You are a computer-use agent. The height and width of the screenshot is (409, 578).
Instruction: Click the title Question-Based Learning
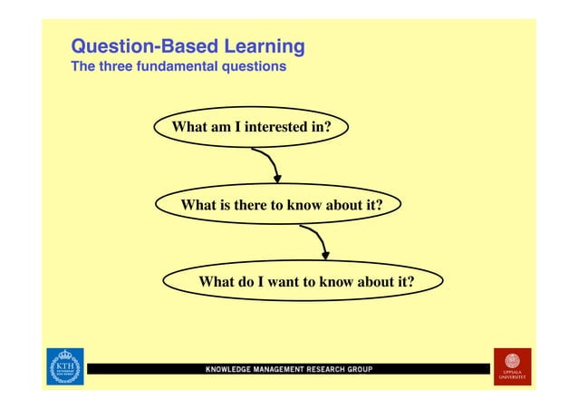click(x=188, y=46)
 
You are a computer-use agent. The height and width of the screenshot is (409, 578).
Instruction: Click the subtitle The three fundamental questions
click(x=178, y=67)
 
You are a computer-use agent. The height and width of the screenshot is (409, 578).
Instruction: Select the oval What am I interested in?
click(x=251, y=129)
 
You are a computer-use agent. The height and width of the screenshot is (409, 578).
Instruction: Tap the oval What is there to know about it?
click(x=280, y=205)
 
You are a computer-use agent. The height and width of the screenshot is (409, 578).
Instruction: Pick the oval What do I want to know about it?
click(x=305, y=282)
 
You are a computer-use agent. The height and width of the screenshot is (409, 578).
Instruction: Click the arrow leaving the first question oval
click(x=268, y=164)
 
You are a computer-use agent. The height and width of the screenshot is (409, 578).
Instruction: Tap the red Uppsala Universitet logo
click(x=512, y=366)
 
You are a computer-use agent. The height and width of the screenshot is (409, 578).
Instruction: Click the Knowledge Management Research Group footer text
click(x=288, y=370)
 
